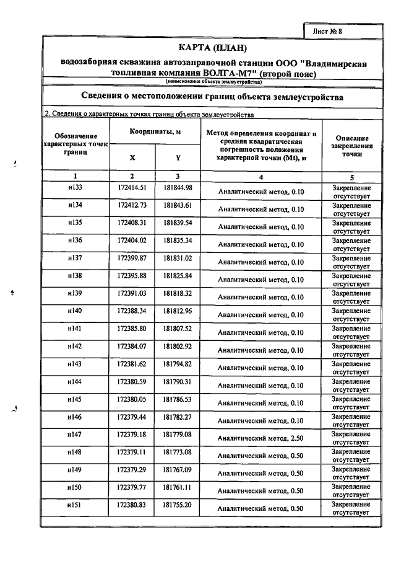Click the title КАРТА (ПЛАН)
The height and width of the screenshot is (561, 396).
point(212,48)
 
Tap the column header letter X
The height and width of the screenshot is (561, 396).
point(132,157)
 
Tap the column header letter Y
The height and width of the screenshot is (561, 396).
point(178,157)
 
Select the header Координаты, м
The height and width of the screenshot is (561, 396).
point(155,131)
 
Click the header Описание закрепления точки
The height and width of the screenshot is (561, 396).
point(352,146)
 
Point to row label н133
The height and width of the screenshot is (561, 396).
point(75,187)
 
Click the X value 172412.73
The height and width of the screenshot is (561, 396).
point(131,205)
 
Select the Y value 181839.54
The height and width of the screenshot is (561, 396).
point(178,222)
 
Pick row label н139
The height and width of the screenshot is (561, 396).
point(75,293)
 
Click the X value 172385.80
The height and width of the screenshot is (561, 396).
point(131,328)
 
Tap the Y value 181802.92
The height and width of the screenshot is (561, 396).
point(178,345)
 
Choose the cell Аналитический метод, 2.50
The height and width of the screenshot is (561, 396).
point(261,438)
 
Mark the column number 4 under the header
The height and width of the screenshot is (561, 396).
point(261,177)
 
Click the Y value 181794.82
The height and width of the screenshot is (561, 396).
point(178,363)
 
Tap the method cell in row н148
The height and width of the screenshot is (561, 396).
point(261,456)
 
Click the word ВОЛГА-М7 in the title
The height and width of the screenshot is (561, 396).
point(221,74)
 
